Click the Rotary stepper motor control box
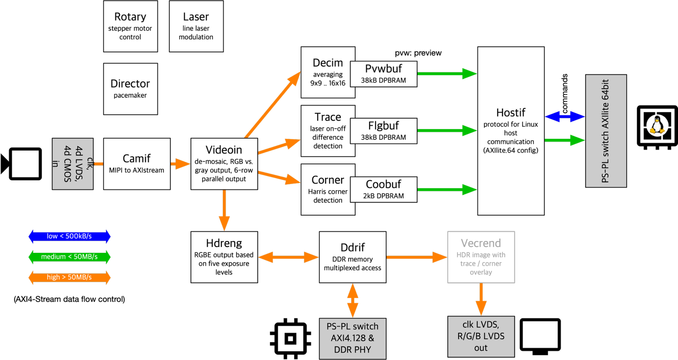click(x=130, y=26)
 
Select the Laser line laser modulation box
click(x=196, y=26)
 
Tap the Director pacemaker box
click(x=130, y=89)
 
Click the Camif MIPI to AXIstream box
click(x=136, y=164)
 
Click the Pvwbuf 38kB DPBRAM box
click(x=384, y=74)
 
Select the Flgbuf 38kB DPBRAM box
click(x=384, y=131)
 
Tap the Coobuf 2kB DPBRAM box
click(x=384, y=189)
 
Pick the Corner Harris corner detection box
click(x=326, y=189)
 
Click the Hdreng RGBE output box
click(x=224, y=257)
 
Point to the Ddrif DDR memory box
click(x=352, y=257)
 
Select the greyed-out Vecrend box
click(x=481, y=257)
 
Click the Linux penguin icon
click(x=657, y=126)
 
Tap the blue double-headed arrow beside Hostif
click(x=565, y=116)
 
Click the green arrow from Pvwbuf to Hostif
click(x=447, y=74)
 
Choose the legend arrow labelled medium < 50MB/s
click(x=69, y=257)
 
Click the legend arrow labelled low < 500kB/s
click(x=69, y=237)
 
